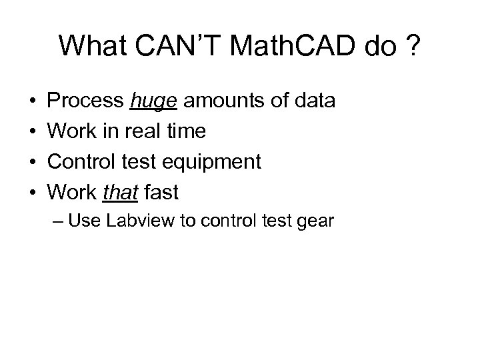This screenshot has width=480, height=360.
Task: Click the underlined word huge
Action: click(155, 101)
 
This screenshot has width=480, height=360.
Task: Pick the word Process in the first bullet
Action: click(87, 101)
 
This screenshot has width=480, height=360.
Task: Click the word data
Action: click(313, 101)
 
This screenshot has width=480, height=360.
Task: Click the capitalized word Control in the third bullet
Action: click(82, 162)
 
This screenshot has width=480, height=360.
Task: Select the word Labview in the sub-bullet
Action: click(131, 221)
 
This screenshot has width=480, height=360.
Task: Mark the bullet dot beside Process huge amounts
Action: click(32, 102)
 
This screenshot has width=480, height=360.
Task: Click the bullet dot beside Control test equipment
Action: click(32, 163)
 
